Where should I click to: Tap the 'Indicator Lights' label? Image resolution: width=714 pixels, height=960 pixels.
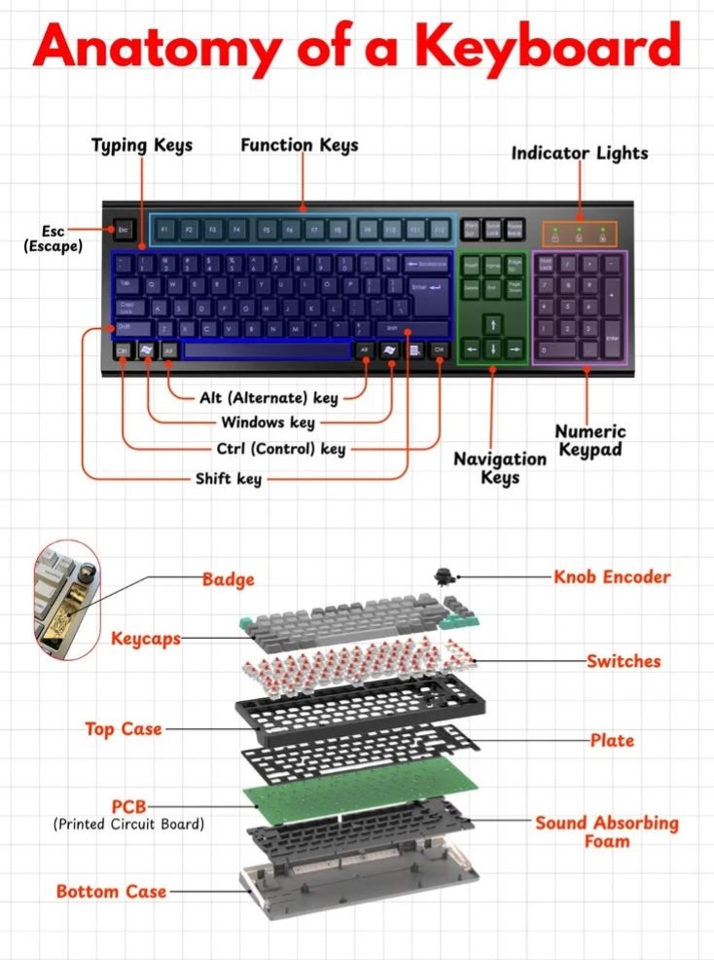coord(579,153)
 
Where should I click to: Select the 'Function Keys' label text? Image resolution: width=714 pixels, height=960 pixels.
coord(300,145)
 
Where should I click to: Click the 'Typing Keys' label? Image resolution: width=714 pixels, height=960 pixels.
coord(142,145)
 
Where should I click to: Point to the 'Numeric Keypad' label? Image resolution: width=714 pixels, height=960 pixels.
coord(589,440)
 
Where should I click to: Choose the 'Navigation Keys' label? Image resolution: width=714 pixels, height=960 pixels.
coord(500,467)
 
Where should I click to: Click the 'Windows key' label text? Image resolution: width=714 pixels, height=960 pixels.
coord(268,423)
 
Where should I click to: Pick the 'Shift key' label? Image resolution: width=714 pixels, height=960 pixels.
coord(229,478)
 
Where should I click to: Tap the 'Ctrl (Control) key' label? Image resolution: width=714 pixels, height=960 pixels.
coord(280,450)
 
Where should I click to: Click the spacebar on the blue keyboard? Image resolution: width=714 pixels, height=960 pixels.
coord(267,351)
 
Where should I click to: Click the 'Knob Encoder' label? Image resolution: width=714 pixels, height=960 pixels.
coord(612,576)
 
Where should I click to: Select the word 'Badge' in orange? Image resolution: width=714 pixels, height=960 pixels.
coord(228,579)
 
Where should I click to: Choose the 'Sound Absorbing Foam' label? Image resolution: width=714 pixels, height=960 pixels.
coord(606,831)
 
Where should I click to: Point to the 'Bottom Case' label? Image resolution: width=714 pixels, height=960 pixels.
coord(111,891)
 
